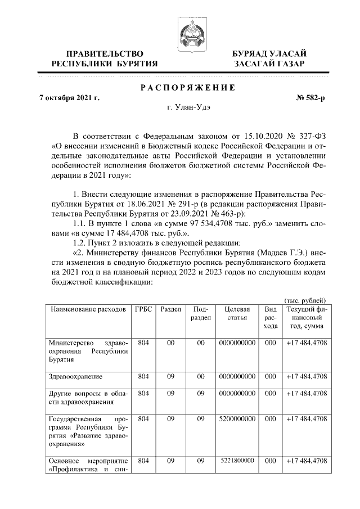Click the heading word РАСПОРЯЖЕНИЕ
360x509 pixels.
187,87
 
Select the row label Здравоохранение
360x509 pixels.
79,376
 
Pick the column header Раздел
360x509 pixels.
170,310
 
